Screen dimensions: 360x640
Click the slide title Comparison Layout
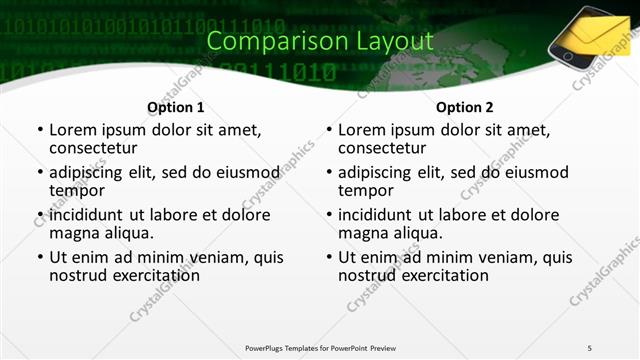[x=320, y=41]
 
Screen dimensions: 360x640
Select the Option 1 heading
[x=175, y=107]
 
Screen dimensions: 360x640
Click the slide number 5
[x=589, y=347]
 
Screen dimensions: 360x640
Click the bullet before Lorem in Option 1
[x=39, y=130]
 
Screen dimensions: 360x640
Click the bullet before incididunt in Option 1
[x=39, y=216]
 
